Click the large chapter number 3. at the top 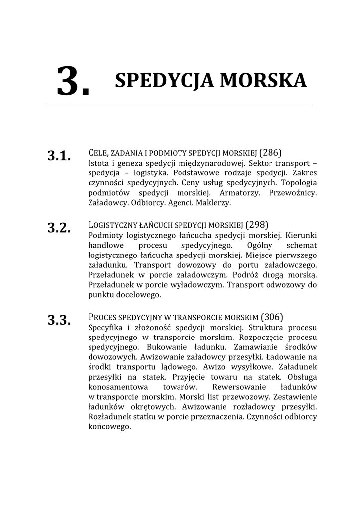point(73,82)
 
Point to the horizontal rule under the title point(180,105)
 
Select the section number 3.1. point(59,156)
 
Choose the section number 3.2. point(59,228)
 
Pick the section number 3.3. point(59,320)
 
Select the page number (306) point(272,317)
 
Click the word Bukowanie point(169,347)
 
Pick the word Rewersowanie point(235,387)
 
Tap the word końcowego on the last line point(109,426)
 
